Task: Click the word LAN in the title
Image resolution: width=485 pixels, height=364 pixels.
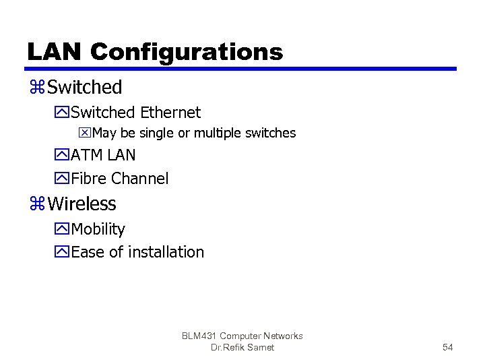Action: click(54, 52)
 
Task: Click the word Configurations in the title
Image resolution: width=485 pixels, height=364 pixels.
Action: click(186, 53)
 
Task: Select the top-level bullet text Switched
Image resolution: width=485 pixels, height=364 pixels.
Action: click(85, 87)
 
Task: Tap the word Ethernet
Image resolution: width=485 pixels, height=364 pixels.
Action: click(170, 112)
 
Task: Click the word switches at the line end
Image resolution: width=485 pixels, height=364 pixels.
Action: click(271, 133)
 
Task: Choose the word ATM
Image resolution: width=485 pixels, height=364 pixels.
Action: click(85, 155)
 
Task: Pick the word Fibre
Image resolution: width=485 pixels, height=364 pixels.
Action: click(89, 179)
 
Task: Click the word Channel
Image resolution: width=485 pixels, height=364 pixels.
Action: click(140, 179)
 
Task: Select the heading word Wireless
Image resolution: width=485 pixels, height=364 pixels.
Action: click(82, 204)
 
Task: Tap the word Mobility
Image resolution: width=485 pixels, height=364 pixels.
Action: click(98, 229)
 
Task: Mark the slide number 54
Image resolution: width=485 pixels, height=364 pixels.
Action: click(447, 347)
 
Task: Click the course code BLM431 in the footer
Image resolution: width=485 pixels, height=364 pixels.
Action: click(199, 336)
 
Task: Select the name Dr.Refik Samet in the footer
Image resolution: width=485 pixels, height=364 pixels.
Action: click(243, 347)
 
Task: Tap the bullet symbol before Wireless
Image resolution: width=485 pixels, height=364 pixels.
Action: click(37, 204)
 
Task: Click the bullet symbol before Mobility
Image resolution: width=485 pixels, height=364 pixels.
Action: click(63, 230)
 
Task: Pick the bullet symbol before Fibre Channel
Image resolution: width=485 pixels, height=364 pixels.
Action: click(63, 179)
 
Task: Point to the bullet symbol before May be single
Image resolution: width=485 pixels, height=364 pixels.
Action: click(86, 133)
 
